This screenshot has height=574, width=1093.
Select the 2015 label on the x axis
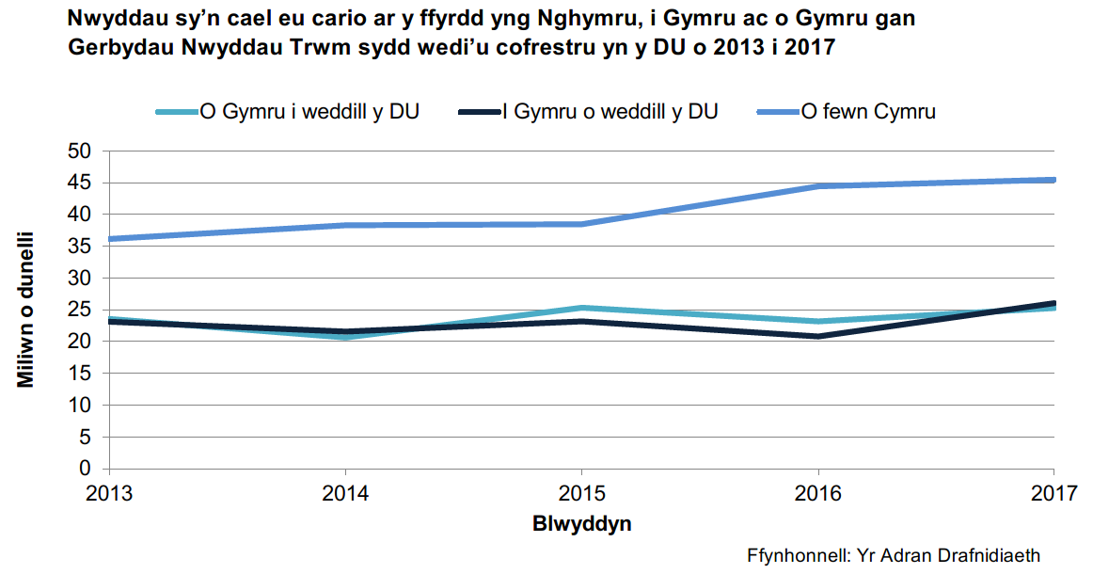[581, 491]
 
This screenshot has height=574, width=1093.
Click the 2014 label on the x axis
[346, 491]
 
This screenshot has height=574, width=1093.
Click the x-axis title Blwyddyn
[581, 524]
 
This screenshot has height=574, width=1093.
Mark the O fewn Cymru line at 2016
[817, 186]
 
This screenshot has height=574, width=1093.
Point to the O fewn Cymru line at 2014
[346, 225]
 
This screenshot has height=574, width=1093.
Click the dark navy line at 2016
[817, 336]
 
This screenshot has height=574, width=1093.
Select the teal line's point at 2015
[581, 308]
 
